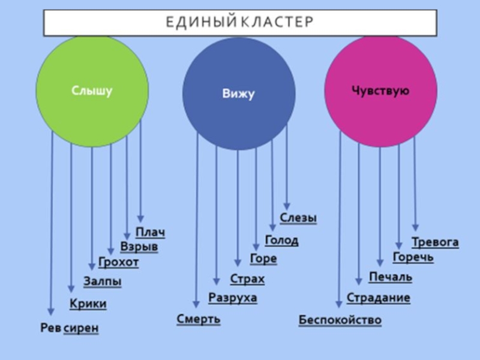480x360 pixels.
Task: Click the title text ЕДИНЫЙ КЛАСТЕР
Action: (x=239, y=22)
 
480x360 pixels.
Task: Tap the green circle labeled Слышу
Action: (x=92, y=91)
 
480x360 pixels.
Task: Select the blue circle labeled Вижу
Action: (x=239, y=94)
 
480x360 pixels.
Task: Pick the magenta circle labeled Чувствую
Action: (x=380, y=91)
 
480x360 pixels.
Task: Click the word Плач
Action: (x=150, y=233)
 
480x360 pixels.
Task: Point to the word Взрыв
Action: (x=139, y=247)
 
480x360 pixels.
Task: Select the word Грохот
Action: (x=118, y=263)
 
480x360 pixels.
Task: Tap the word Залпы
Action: (x=102, y=281)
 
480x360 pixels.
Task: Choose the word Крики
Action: (x=88, y=304)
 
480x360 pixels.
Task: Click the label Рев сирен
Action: (x=69, y=328)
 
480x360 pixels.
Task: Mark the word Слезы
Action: (x=298, y=218)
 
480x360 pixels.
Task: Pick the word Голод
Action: (x=281, y=241)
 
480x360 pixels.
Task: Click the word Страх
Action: (x=247, y=280)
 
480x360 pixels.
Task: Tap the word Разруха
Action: (x=233, y=298)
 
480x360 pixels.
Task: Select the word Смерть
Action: (x=199, y=319)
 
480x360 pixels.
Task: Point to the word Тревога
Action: (x=435, y=242)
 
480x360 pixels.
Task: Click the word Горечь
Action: (x=413, y=257)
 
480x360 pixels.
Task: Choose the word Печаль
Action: (x=391, y=277)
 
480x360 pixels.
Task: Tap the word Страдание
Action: (x=379, y=298)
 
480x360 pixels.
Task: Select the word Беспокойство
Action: (x=340, y=320)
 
